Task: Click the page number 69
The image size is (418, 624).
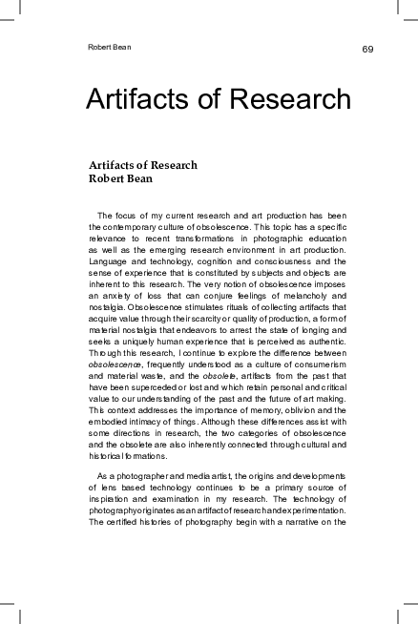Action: tap(366, 49)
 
